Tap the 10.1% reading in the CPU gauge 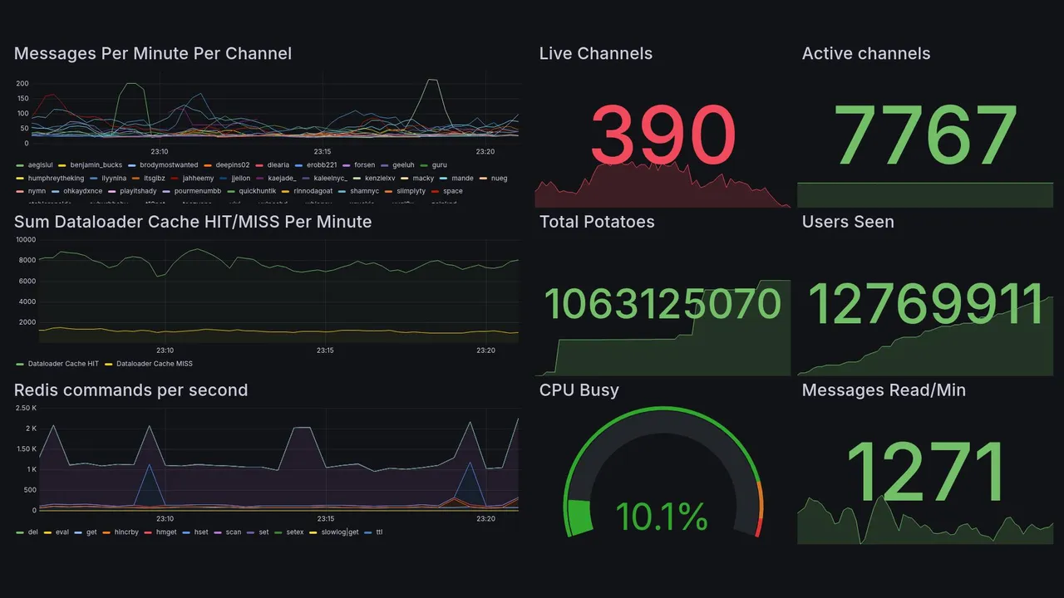coord(662,517)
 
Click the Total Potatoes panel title coord(597,222)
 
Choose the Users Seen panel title coord(848,222)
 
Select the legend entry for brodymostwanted coord(169,165)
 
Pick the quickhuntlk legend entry coord(257,191)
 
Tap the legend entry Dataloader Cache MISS coord(155,364)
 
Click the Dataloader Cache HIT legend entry coord(63,364)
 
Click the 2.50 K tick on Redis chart coord(26,408)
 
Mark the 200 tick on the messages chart coord(22,84)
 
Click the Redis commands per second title coord(131,390)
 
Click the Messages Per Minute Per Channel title coord(153,54)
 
